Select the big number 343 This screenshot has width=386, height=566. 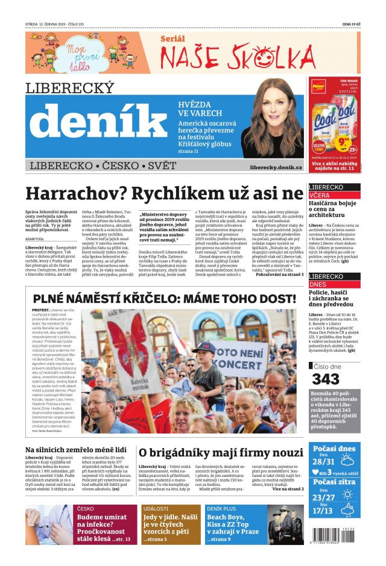click(x=327, y=379)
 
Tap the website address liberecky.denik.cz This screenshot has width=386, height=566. click(x=276, y=166)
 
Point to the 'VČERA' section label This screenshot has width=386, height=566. click(x=320, y=196)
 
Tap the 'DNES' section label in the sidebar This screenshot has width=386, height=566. click(x=318, y=284)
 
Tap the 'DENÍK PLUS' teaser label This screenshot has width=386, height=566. click(x=221, y=509)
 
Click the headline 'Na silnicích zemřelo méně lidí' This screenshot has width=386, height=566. click(x=75, y=449)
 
